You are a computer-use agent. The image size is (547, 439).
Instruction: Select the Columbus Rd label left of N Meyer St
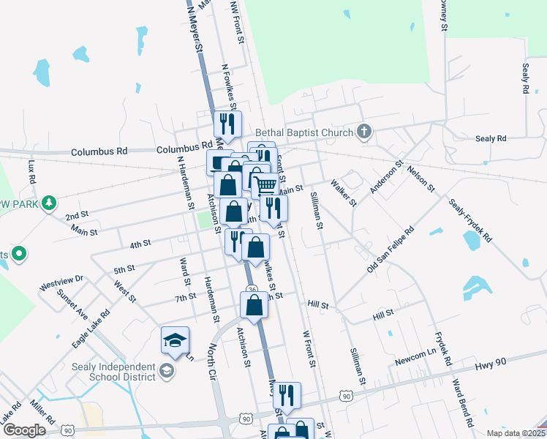(99, 151)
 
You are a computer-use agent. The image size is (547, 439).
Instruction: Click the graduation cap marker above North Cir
(176, 339)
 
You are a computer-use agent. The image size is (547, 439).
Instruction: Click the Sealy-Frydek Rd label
(471, 220)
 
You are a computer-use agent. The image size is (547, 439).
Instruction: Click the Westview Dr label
(62, 282)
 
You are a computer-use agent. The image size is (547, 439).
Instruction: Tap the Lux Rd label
(31, 173)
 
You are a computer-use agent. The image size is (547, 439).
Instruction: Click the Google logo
(24, 430)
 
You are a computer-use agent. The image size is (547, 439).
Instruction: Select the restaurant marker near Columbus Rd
(227, 124)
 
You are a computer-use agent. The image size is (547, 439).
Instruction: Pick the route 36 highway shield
(252, 290)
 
